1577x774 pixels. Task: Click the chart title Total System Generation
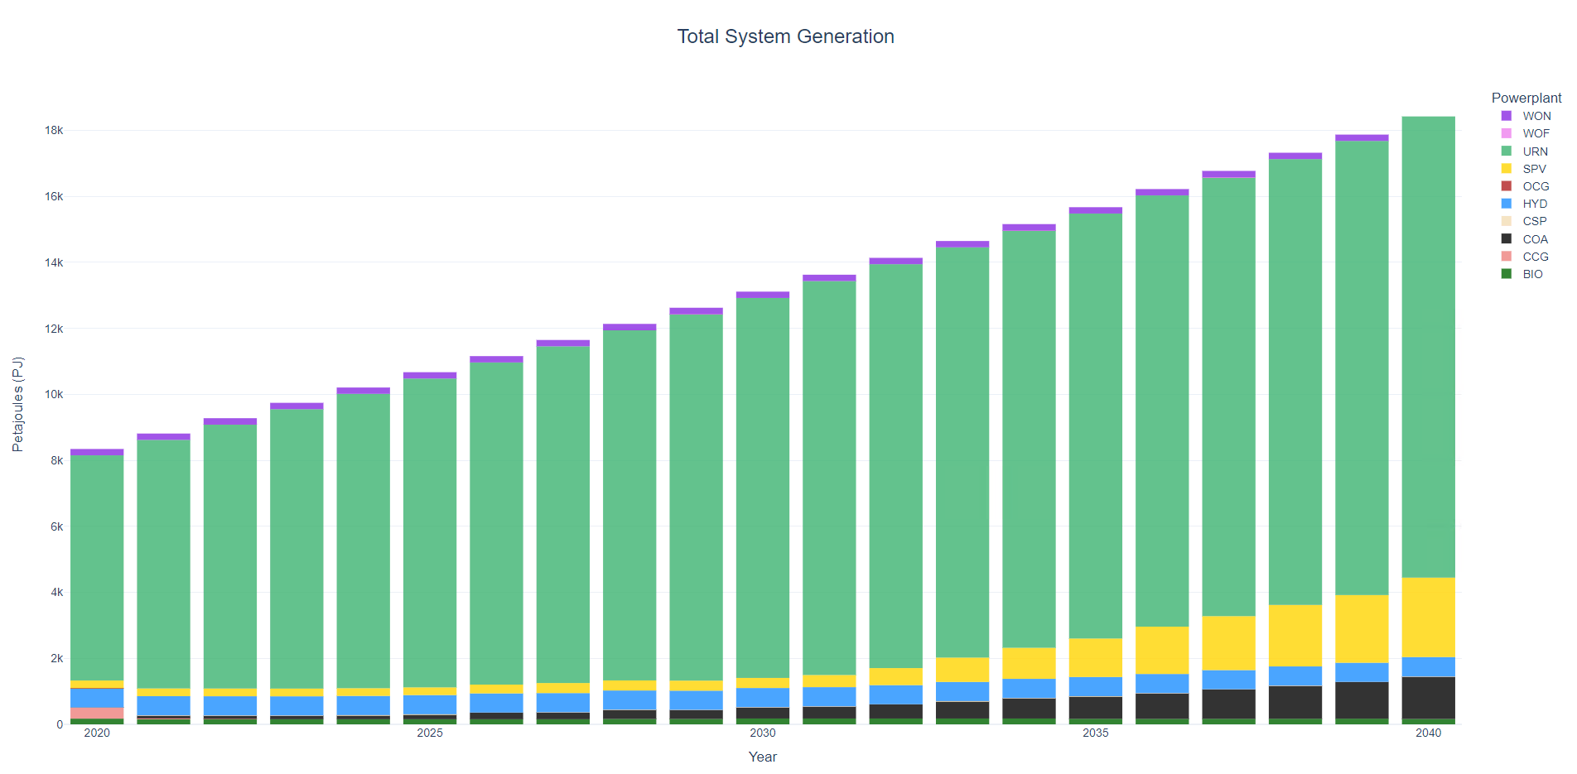tap(785, 36)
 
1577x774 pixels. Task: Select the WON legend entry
tap(1536, 116)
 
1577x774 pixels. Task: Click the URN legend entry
tap(1535, 151)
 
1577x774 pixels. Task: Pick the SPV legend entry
tap(1534, 169)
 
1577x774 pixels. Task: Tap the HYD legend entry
tap(1535, 204)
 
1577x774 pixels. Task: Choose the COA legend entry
tap(1535, 239)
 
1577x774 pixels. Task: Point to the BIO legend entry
tap(1532, 274)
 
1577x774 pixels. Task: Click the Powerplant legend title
tap(1526, 98)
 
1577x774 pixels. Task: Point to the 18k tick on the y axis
tap(54, 130)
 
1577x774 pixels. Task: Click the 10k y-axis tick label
tap(54, 394)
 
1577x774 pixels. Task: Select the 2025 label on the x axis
tap(430, 733)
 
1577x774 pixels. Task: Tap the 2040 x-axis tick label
tap(1428, 733)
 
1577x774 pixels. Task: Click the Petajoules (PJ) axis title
tap(17, 404)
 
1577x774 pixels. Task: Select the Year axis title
tap(762, 757)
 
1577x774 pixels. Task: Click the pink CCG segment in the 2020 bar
tap(97, 713)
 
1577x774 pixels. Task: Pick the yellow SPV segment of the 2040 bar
tap(1428, 617)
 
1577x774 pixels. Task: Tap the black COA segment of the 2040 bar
tap(1428, 698)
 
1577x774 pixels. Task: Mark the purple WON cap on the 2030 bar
tap(762, 295)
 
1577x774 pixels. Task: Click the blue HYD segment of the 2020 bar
tap(97, 698)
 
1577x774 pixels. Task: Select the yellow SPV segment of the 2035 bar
tap(1095, 657)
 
